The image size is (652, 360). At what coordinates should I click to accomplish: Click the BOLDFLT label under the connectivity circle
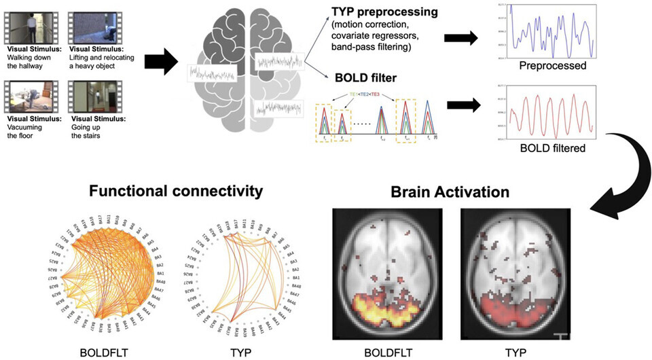point(102,352)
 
